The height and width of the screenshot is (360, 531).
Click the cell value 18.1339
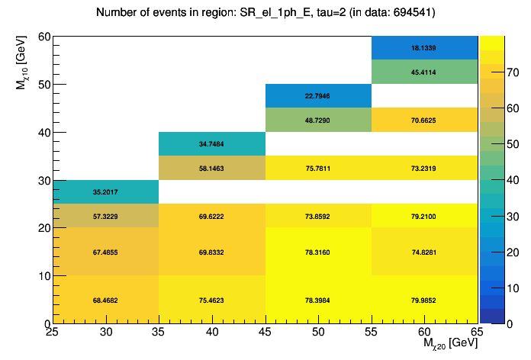click(425, 47)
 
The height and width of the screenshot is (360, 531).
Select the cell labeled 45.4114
click(425, 72)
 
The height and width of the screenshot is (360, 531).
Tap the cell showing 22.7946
click(318, 96)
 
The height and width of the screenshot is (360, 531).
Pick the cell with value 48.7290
click(318, 120)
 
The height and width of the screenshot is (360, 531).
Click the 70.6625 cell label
click(425, 120)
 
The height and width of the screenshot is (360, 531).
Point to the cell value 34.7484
click(212, 143)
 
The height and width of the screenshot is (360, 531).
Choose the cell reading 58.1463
click(212, 168)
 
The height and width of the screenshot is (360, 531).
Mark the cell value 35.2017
click(105, 191)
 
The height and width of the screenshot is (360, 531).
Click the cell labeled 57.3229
click(105, 217)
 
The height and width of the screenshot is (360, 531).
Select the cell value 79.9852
click(425, 300)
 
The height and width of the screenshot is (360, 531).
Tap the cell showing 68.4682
click(105, 300)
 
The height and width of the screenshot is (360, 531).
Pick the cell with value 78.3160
click(318, 252)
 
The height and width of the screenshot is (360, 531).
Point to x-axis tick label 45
click(265, 332)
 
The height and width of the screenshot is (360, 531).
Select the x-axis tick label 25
click(52, 332)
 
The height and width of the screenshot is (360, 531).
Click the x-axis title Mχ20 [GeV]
click(450, 345)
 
